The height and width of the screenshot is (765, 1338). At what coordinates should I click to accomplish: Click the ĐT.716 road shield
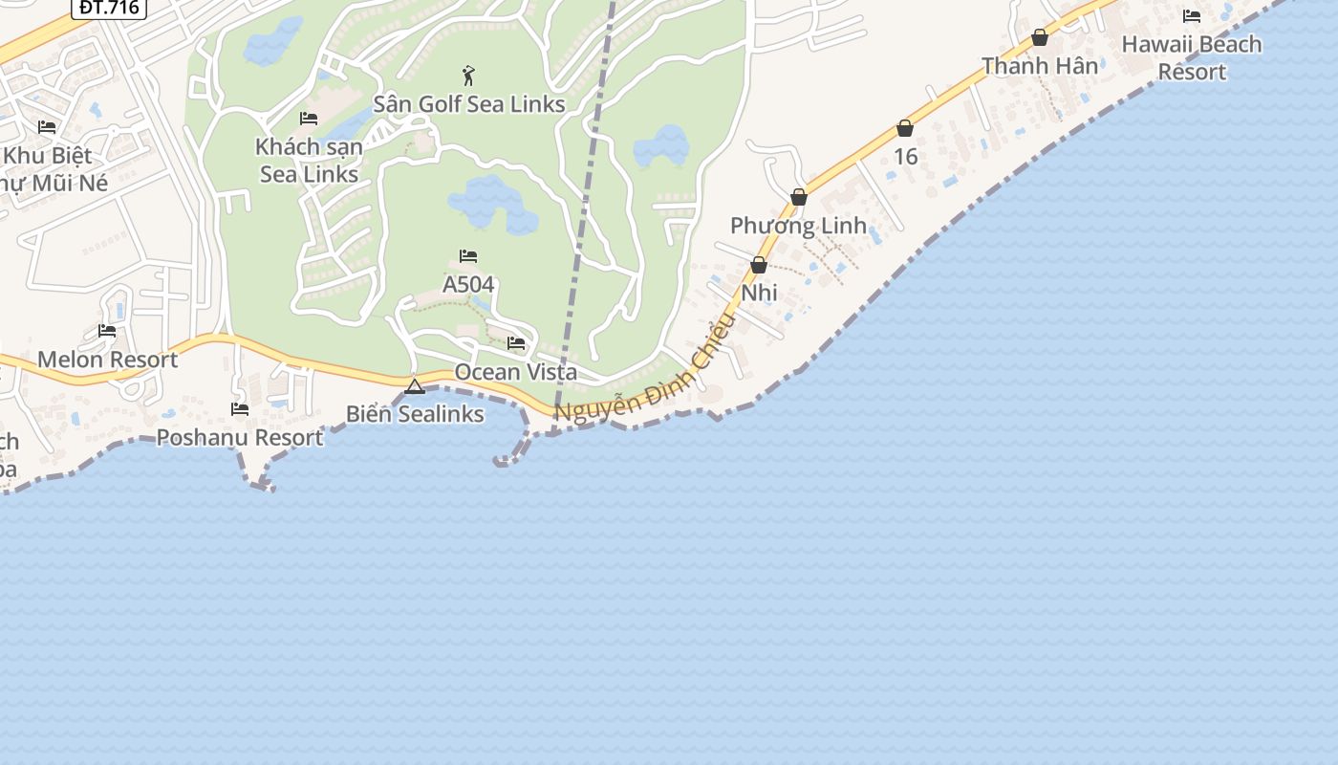[x=109, y=8]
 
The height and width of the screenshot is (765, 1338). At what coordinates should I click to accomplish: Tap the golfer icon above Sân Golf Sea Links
[x=468, y=76]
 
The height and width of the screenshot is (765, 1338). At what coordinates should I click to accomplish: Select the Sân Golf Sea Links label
[x=468, y=103]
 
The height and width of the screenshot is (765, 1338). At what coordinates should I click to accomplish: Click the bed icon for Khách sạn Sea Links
[x=309, y=119]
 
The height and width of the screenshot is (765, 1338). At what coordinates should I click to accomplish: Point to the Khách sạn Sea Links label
[x=309, y=161]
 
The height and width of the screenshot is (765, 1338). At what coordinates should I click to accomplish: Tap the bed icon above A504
[x=468, y=256]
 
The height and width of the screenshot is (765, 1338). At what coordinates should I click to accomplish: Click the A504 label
[x=468, y=284]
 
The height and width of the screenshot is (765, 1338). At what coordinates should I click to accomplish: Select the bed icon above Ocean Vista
[x=516, y=342]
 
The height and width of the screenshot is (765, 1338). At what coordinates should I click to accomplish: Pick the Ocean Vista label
[x=516, y=371]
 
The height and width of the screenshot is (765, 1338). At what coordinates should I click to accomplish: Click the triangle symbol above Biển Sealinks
[x=414, y=386]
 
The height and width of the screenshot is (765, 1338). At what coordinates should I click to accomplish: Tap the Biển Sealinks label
[x=415, y=414]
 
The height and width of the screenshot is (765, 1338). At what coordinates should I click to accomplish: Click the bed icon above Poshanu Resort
[x=240, y=409]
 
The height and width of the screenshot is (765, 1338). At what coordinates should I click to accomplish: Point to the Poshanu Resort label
[x=240, y=437]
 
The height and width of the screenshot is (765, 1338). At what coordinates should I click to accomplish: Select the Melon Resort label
[x=107, y=360]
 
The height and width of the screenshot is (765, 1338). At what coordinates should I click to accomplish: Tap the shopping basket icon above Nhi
[x=759, y=265]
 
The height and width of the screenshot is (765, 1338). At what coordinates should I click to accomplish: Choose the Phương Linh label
[x=798, y=226]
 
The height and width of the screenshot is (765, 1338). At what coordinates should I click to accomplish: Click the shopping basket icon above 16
[x=905, y=128]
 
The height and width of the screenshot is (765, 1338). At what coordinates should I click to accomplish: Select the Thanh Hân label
[x=1040, y=66]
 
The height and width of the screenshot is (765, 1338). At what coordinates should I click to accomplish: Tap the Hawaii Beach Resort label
[x=1191, y=57]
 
